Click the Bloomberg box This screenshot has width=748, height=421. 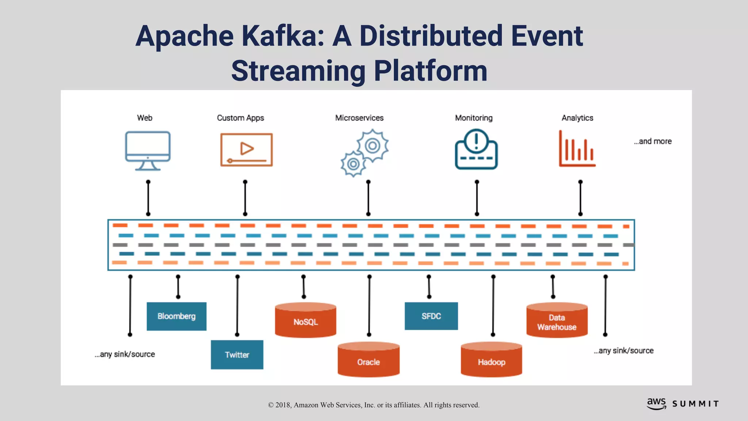pyautogui.click(x=176, y=316)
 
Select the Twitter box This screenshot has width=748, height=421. pyautogui.click(x=237, y=354)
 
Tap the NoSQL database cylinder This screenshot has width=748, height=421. pyautogui.click(x=305, y=321)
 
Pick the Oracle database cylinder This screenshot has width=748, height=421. pyautogui.click(x=368, y=360)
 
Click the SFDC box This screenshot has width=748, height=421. pyautogui.click(x=431, y=316)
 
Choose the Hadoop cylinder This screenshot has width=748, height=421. pyautogui.click(x=491, y=360)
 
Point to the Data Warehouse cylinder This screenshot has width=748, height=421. pyautogui.click(x=557, y=321)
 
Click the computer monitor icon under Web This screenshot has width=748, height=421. pyautogui.click(x=148, y=150)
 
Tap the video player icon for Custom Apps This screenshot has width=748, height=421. pyautogui.click(x=247, y=150)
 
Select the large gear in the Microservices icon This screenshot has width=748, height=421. pyautogui.click(x=372, y=145)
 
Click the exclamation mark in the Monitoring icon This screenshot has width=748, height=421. pyautogui.click(x=476, y=140)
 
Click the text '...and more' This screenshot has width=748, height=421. pyautogui.click(x=653, y=141)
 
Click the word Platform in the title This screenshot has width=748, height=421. pyautogui.click(x=431, y=71)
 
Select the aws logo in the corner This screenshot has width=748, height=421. pyautogui.click(x=656, y=403)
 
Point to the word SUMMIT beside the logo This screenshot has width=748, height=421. pyautogui.click(x=695, y=404)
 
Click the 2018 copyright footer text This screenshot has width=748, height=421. pyautogui.click(x=374, y=405)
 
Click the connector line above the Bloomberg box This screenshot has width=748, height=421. pyautogui.click(x=178, y=287)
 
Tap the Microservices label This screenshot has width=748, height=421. pyautogui.click(x=359, y=118)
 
